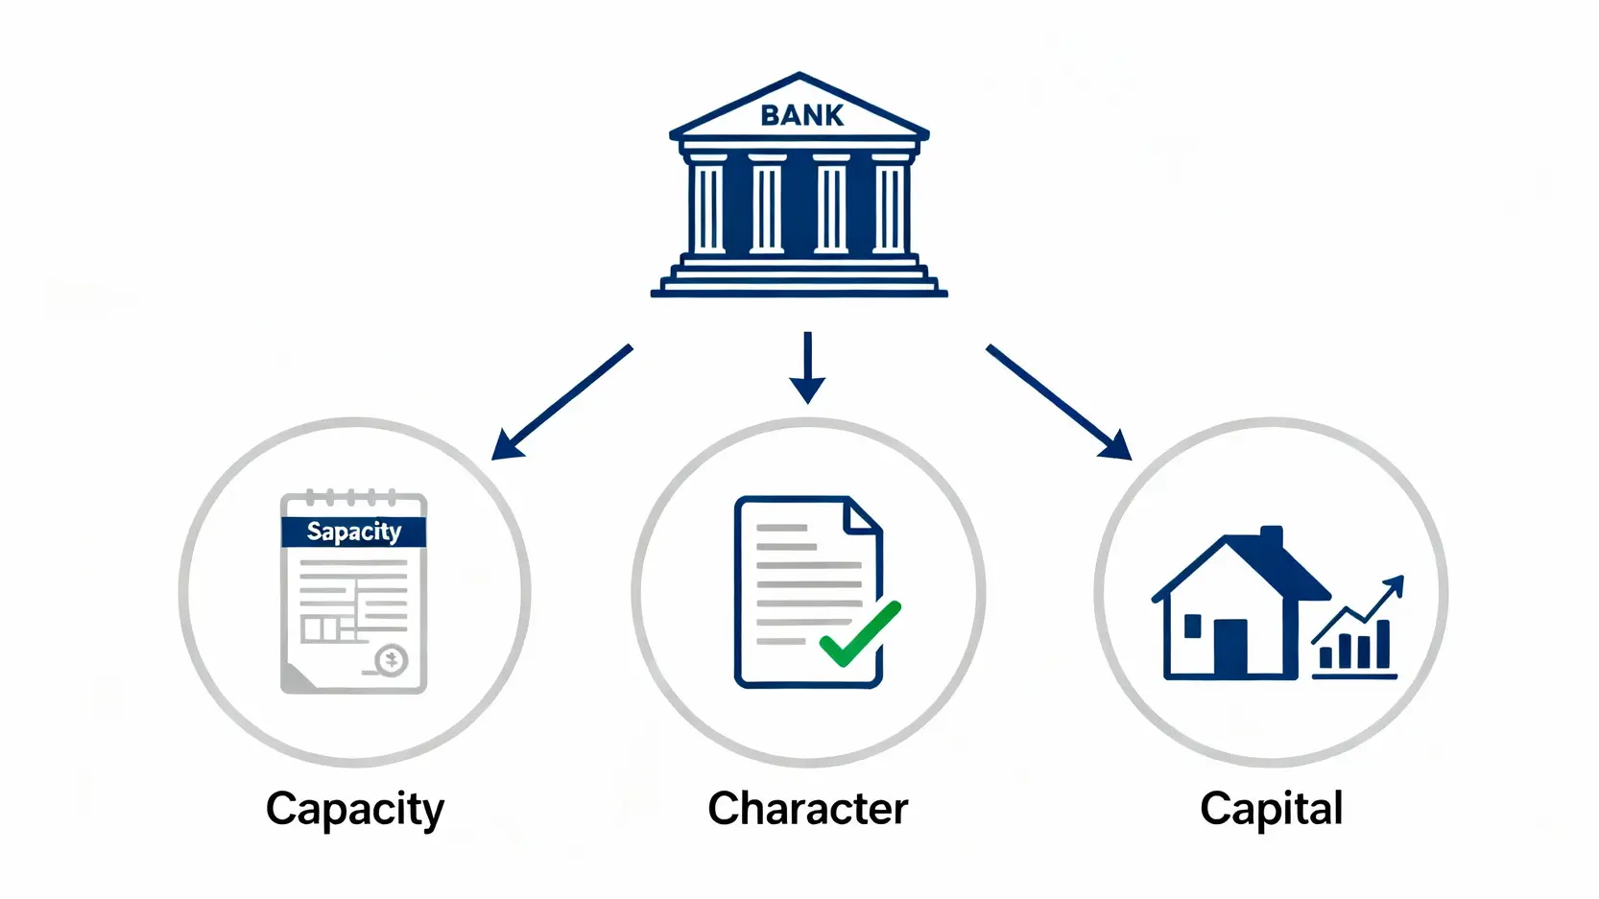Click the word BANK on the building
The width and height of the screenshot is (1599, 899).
point(801,115)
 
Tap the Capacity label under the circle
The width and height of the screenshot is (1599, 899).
point(355,809)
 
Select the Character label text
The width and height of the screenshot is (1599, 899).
point(807,809)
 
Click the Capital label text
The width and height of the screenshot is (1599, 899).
point(1271,809)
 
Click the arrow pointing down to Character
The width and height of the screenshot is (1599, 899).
point(807,368)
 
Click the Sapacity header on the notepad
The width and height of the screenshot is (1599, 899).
point(353,532)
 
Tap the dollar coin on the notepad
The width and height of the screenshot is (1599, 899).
point(392,660)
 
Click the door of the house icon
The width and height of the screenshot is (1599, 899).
point(1230,648)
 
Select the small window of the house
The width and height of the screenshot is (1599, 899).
point(1193,627)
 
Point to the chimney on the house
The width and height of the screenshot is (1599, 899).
point(1271,539)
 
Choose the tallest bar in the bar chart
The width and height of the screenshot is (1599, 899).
point(1383,644)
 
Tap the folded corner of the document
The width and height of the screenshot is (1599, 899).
point(861,517)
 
